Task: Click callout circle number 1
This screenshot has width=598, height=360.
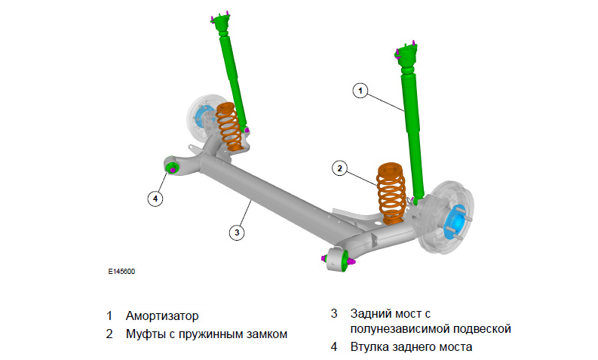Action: (x=360, y=91)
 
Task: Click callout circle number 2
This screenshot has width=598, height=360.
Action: (x=340, y=168)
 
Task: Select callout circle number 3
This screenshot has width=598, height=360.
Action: (x=237, y=232)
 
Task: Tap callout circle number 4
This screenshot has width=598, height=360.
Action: (x=155, y=198)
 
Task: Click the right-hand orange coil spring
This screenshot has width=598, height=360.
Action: (x=392, y=193)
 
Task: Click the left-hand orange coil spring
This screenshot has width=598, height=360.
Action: (x=229, y=121)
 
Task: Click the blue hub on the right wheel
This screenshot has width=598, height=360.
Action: (x=455, y=221)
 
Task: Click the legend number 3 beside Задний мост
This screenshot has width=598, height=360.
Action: (x=334, y=312)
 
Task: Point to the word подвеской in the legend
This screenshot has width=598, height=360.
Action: (x=483, y=329)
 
